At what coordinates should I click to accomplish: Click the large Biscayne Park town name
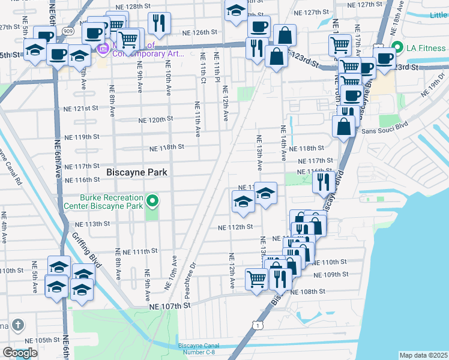(136, 172)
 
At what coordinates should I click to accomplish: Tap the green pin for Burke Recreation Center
(153, 200)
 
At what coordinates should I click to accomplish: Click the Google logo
(20, 353)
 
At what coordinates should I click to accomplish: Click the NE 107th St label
(169, 305)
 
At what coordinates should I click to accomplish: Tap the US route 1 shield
(257, 325)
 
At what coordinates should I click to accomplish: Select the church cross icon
(18, 326)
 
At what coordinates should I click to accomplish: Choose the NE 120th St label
(155, 119)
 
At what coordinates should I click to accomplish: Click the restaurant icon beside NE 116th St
(324, 182)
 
